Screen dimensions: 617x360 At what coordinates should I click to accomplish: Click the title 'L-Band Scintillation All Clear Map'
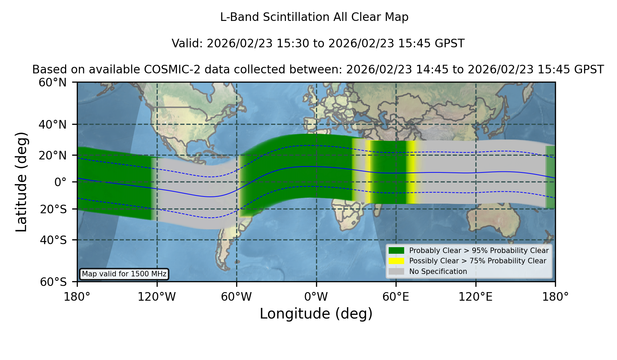pos(314,17)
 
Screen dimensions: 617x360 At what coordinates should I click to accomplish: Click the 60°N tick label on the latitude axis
pos(52,83)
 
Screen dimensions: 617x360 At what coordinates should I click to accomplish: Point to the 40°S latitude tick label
pos(53,240)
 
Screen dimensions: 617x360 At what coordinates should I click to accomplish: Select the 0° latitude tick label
pos(60,182)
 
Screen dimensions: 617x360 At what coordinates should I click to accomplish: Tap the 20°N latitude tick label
pos(52,155)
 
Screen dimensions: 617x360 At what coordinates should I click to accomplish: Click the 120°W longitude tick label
pos(157,297)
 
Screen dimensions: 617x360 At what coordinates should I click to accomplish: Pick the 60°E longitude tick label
pos(396,297)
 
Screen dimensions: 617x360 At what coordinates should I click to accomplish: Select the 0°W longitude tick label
pos(316,297)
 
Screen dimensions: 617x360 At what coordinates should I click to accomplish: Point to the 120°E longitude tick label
pos(475,297)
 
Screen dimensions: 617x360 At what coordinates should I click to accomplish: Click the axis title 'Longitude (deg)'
pos(316,314)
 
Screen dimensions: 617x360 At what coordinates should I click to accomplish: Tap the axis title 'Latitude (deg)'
pos(21,182)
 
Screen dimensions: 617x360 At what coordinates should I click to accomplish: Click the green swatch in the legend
pos(396,251)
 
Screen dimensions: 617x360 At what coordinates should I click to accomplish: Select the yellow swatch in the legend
pos(396,261)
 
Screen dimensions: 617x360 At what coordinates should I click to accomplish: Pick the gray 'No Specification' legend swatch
pos(396,272)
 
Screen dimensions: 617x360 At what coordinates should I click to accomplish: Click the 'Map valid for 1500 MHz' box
pos(124,274)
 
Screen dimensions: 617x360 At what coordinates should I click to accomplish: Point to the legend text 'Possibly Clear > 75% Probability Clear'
pos(477,261)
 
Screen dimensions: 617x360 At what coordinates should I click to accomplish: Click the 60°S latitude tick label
pos(53,282)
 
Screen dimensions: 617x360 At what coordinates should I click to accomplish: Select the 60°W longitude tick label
pos(236,297)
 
